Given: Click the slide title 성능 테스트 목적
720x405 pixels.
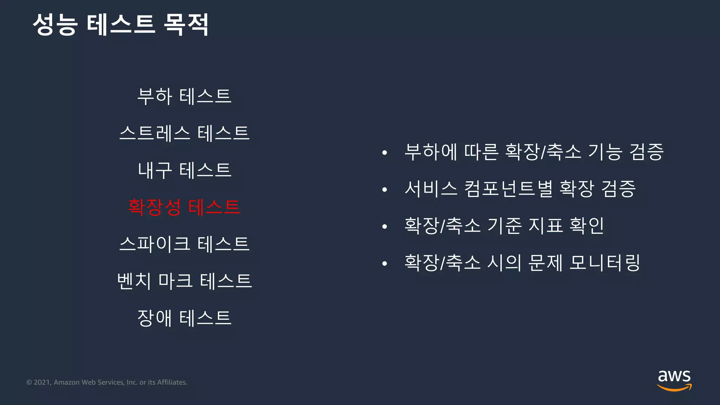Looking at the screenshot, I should (121, 25).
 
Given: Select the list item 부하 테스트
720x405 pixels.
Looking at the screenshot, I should (184, 96).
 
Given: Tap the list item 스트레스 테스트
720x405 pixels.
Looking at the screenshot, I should (184, 133).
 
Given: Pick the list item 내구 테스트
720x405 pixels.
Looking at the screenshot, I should (184, 170).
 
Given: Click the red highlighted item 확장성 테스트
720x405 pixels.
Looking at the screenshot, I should (184, 207).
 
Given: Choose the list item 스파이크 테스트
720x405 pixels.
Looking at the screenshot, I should (184, 244).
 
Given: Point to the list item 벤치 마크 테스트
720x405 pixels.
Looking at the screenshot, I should (184, 281).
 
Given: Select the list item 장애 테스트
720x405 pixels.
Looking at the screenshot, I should (184, 318).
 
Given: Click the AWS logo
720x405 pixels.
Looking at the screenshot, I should (674, 380).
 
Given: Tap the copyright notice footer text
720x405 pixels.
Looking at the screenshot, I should (107, 382).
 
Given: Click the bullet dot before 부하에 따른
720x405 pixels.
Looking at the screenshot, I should (385, 153).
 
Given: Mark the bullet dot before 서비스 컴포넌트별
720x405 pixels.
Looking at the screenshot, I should (385, 189).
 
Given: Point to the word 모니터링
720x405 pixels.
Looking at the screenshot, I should (605, 263).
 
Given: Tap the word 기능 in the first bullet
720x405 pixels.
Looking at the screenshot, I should (605, 152).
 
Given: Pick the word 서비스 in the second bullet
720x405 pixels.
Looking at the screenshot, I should (431, 189).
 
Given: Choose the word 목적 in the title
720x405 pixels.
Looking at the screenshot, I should (186, 25).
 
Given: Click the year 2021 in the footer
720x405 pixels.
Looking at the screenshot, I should (42, 382).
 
